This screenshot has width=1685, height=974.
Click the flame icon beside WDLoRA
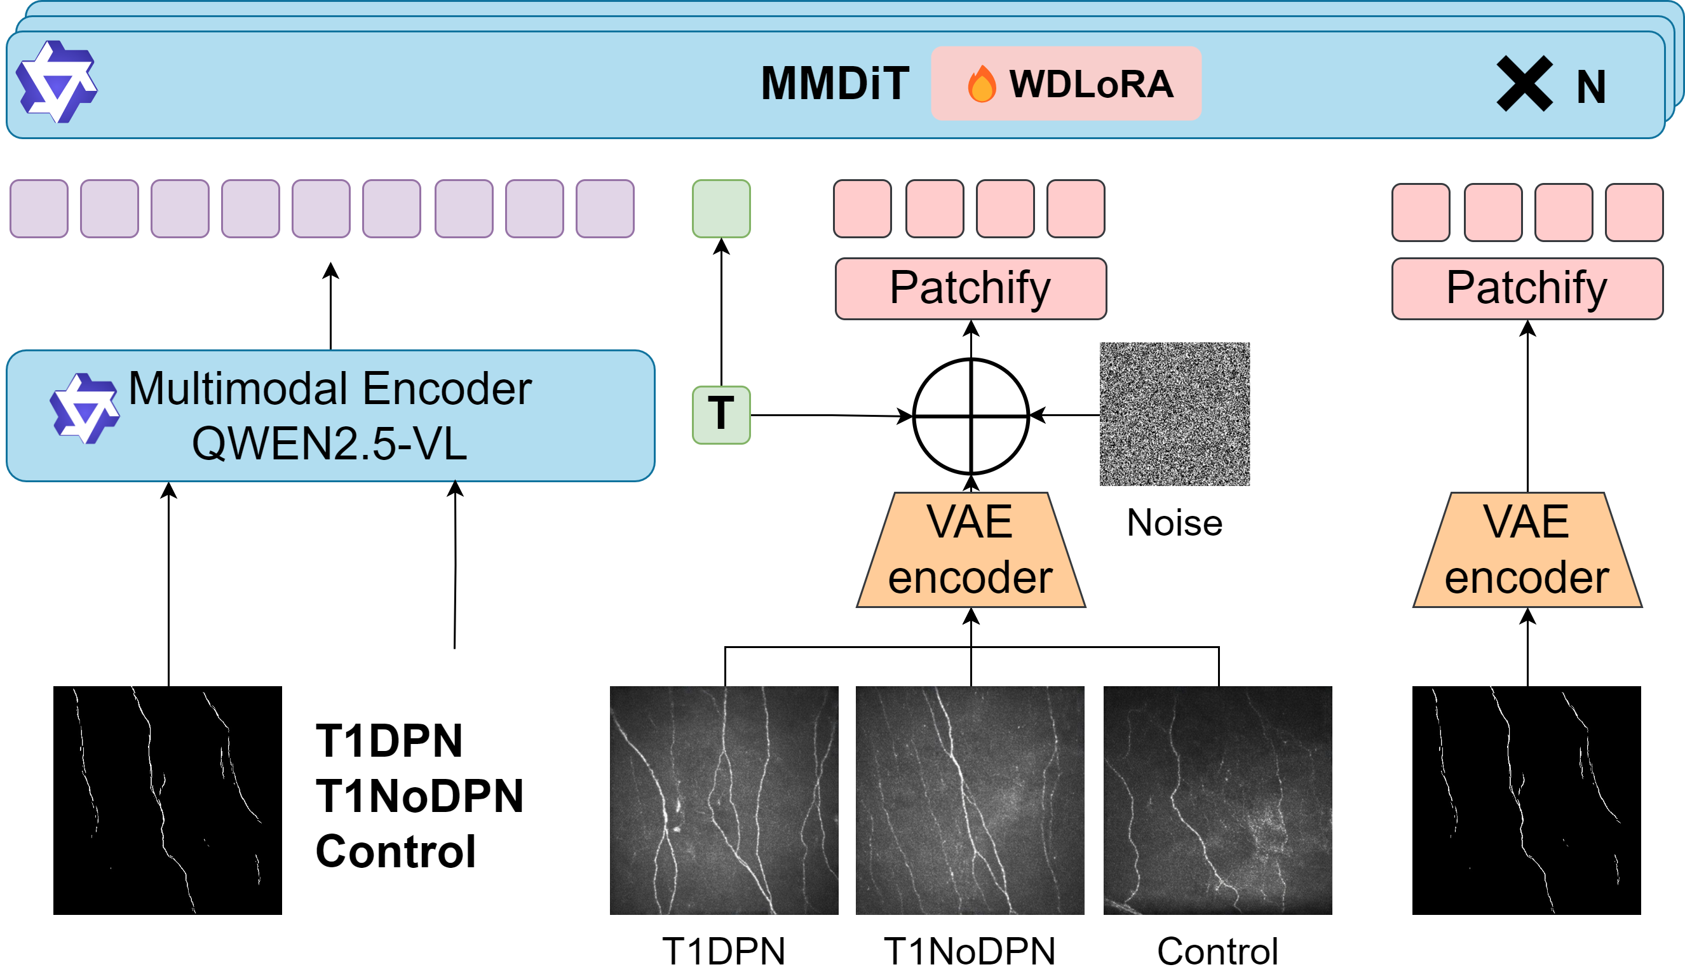click(x=982, y=84)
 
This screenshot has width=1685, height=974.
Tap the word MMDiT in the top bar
click(x=835, y=84)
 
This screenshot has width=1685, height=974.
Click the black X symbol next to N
click(x=1524, y=84)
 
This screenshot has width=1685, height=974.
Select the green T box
click(x=721, y=415)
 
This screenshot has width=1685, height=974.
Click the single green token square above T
click(x=721, y=208)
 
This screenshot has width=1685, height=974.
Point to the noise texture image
click(x=1174, y=414)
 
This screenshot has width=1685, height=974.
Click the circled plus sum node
click(x=971, y=416)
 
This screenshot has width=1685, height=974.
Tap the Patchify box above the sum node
click(x=971, y=288)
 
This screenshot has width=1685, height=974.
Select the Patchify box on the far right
click(x=1527, y=288)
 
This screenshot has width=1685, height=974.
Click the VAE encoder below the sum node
click(x=971, y=550)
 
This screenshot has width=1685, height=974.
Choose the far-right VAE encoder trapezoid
click(x=1527, y=550)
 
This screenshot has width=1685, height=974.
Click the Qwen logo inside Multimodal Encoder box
click(x=85, y=408)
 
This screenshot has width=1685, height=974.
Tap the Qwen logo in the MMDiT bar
click(x=57, y=81)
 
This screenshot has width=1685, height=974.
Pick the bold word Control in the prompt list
click(x=395, y=851)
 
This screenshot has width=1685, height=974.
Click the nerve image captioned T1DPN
click(x=724, y=800)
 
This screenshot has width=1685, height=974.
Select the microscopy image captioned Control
click(x=1217, y=800)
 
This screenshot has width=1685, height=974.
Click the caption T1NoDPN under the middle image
click(x=970, y=951)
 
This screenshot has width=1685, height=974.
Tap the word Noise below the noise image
click(x=1175, y=522)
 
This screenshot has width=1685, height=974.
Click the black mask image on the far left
click(x=168, y=800)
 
